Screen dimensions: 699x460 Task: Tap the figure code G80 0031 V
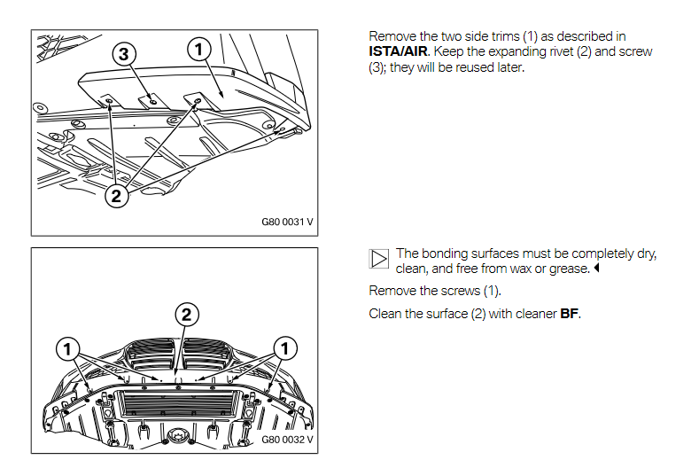pos(287,222)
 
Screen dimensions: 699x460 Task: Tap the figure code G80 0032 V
pos(287,440)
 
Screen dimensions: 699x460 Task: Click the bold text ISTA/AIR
pos(398,51)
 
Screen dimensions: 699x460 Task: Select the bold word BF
pos(570,314)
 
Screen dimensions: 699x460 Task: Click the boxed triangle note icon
pos(379,259)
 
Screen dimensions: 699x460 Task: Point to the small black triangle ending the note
pos(596,268)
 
